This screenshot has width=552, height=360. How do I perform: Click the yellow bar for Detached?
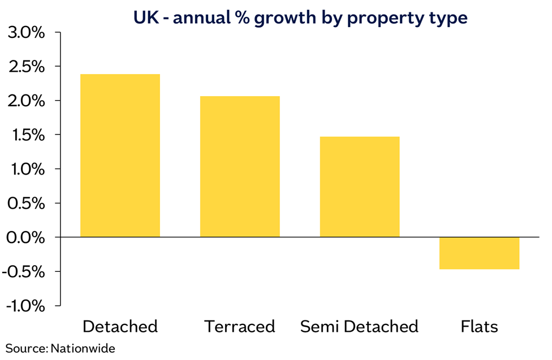[120, 155]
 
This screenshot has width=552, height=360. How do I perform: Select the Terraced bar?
[240, 167]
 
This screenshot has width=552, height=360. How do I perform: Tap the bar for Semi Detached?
[360, 186]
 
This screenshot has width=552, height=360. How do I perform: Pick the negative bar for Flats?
[479, 253]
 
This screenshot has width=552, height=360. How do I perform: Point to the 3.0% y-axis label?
[27, 33]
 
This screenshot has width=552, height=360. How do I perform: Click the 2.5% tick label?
[27, 67]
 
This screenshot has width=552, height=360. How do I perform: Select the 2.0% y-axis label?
[27, 101]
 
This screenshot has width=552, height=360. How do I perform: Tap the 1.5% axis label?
[28, 135]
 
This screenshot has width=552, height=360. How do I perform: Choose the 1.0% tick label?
[28, 170]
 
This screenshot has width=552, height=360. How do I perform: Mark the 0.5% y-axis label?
[27, 203]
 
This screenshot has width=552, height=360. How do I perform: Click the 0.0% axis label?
[26, 237]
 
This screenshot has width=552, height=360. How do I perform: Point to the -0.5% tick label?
[24, 272]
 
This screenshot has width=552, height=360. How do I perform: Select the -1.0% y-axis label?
[25, 306]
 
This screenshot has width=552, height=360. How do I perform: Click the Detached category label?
[120, 326]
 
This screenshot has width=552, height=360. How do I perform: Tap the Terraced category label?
[240, 326]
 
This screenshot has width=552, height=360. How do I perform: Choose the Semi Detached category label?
[360, 326]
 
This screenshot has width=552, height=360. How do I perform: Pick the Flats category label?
[479, 326]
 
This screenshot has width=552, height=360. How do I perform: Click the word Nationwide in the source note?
[83, 348]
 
